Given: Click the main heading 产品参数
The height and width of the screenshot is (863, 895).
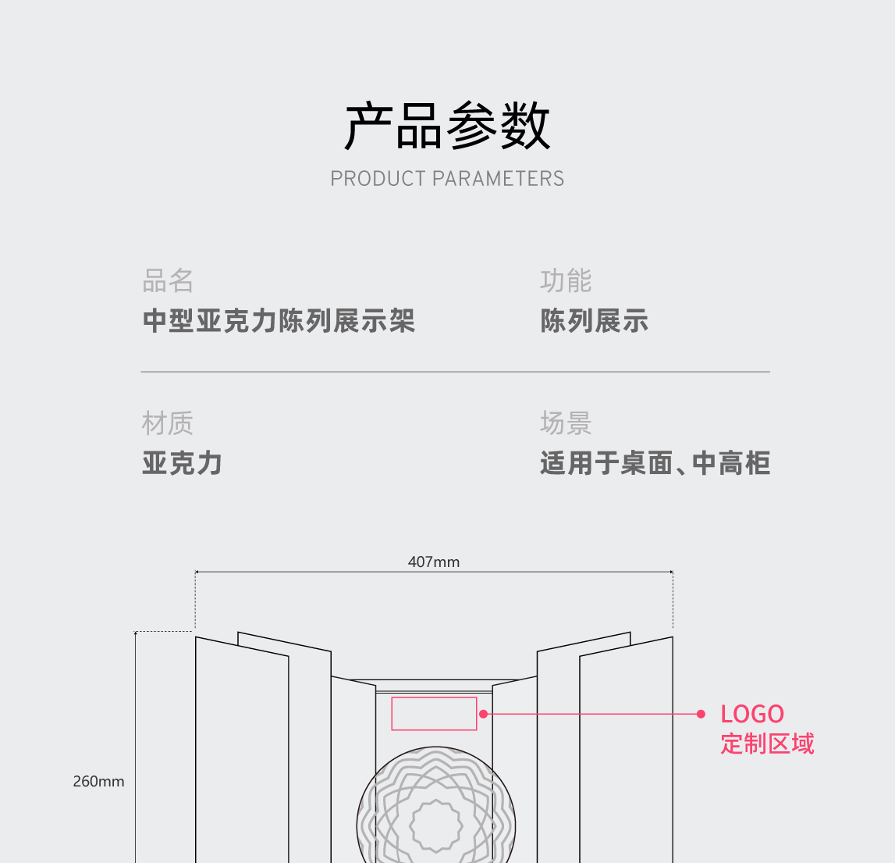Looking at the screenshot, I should tap(447, 127).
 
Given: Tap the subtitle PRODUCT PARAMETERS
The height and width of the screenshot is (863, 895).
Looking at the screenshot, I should tap(447, 179).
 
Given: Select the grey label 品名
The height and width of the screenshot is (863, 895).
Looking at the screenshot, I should tap(168, 280).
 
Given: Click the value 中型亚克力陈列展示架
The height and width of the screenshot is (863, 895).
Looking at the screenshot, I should tap(279, 321).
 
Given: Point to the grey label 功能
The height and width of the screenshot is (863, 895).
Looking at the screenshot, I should tap(566, 280).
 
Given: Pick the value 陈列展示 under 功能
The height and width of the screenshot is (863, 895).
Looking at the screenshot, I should tap(595, 321).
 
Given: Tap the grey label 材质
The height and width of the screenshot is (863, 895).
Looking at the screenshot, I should tap(168, 423).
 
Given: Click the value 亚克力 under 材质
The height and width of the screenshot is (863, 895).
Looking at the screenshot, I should tap(183, 463).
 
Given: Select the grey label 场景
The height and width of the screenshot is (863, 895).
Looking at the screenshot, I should tap(566, 423).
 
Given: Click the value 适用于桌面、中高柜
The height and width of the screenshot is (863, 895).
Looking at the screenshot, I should tap(655, 463).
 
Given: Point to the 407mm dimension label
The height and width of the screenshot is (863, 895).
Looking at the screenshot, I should tap(434, 562).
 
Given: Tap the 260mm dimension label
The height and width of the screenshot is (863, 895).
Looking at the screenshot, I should tap(98, 781).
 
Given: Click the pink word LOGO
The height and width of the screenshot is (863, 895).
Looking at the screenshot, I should tap(752, 714).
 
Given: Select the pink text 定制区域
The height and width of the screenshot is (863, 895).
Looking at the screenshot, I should tap(767, 744).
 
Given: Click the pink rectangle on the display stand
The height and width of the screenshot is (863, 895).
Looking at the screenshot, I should tap(434, 714).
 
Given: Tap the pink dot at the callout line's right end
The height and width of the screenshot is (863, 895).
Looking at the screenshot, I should tap(701, 714).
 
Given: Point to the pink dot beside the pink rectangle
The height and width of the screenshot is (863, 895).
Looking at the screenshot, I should tap(483, 714).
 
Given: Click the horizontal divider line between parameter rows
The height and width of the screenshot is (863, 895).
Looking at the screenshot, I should tap(455, 372).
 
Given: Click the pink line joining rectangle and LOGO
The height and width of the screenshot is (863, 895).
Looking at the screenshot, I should tap(593, 714).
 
